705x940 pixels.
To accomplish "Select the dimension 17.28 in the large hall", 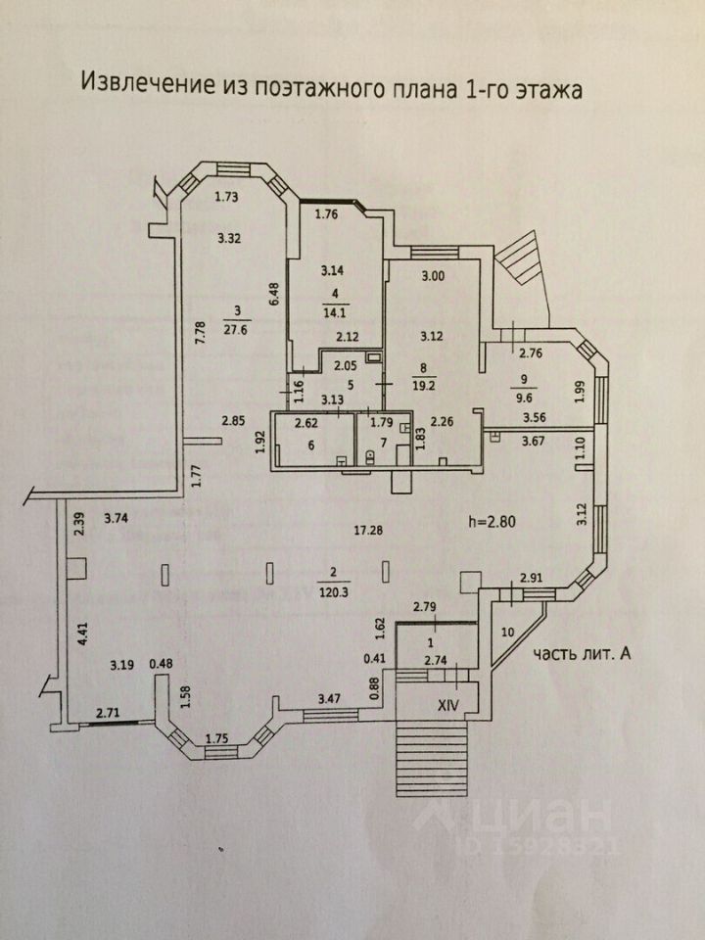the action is coord(369,530).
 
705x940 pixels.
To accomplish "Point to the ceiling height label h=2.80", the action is coord(492,522).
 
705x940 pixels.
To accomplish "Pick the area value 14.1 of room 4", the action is coord(335,311).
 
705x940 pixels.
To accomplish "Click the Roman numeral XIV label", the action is coord(448,706).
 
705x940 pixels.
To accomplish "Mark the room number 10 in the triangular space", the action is coord(508,632).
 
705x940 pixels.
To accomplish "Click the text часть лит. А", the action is coord(582,655).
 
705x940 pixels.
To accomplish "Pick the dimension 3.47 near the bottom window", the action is coord(329,698).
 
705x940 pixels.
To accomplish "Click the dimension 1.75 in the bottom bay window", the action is coord(216,739).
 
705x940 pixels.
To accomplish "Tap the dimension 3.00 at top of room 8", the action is coord(433,276).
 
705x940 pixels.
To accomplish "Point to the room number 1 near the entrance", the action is coord(429,643).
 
